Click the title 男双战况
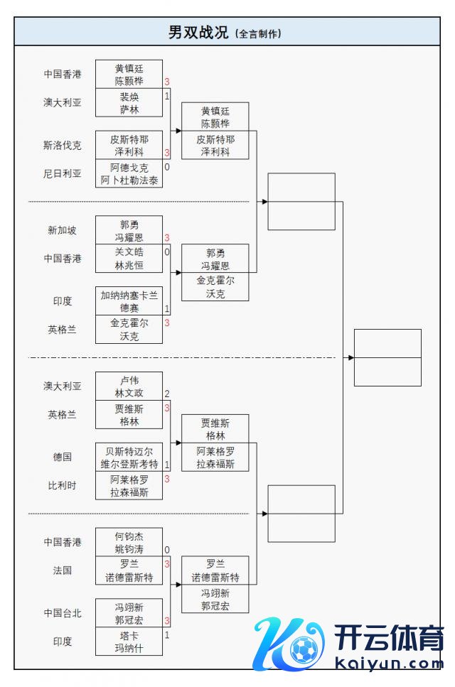pyautogui.click(x=198, y=33)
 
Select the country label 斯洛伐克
pyautogui.click(x=63, y=145)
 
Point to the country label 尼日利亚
pyautogui.click(x=63, y=173)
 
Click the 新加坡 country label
pyautogui.click(x=63, y=230)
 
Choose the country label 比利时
pyautogui.click(x=63, y=485)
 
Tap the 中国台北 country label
pyautogui.click(x=63, y=613)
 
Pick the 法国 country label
pyautogui.click(x=63, y=570)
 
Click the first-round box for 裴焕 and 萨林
pyautogui.click(x=129, y=102)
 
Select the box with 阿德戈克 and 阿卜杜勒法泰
pyautogui.click(x=129, y=173)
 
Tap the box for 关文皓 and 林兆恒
pyautogui.click(x=129, y=258)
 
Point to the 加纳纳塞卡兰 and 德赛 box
pyautogui.click(x=129, y=301)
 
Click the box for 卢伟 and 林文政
pyautogui.click(x=129, y=386)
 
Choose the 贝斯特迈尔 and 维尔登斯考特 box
pyautogui.click(x=129, y=457)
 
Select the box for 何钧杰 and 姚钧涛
pyautogui.click(x=129, y=542)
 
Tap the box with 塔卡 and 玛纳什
pyautogui.click(x=129, y=641)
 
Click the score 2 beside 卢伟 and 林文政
pyautogui.click(x=167, y=394)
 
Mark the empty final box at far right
pyautogui.click(x=387, y=357)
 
